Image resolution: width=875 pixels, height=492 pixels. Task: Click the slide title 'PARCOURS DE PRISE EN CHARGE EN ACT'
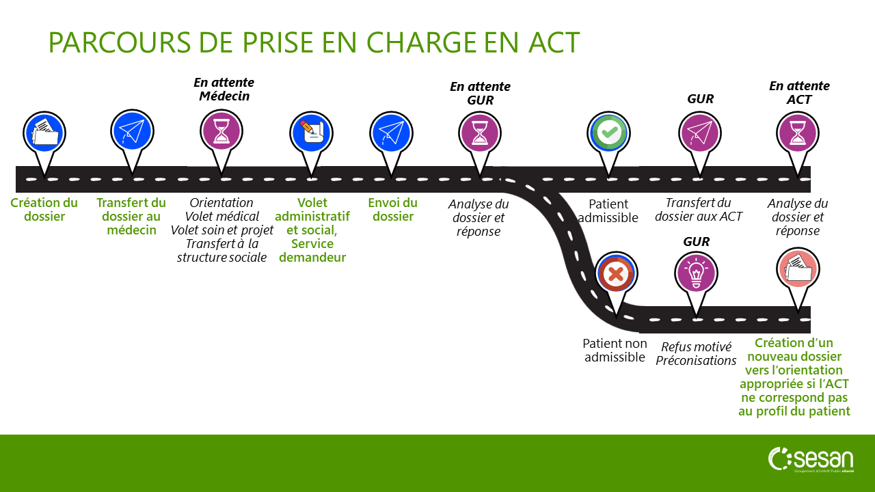[x=314, y=42]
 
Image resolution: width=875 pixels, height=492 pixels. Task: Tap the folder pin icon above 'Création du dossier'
[x=44, y=132]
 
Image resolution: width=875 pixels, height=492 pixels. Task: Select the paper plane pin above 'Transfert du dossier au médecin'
[x=132, y=132]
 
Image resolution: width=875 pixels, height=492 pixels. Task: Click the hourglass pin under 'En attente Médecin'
[x=221, y=132]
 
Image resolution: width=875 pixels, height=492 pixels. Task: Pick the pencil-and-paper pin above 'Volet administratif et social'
[x=312, y=132]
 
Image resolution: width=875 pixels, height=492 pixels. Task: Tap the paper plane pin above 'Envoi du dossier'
[x=391, y=132]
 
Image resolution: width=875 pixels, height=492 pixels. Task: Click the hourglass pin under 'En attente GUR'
[x=480, y=132]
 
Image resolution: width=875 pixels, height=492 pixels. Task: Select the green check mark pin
[x=608, y=132]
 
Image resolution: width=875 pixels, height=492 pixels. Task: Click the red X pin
[x=616, y=274]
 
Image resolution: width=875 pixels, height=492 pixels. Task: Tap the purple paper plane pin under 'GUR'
[x=700, y=132]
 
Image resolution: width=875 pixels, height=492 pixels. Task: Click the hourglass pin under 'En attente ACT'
[x=798, y=132]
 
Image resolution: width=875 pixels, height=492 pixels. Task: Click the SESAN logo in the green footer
[x=811, y=460]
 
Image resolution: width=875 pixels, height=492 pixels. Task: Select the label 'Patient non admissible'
[x=614, y=350]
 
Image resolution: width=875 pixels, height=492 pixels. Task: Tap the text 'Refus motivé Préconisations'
[x=696, y=354]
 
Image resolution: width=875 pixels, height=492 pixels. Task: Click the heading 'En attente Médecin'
[x=224, y=90]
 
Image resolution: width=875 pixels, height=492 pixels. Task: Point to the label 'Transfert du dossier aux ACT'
[x=698, y=210]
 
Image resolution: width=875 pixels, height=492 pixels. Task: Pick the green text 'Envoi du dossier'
[x=392, y=210]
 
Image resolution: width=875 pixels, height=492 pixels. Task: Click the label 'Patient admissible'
[x=608, y=210]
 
